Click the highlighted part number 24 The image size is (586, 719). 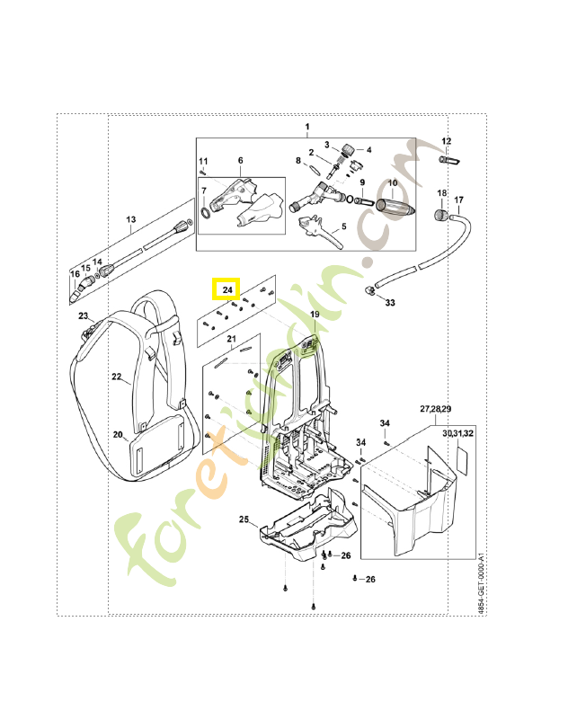pyautogui.click(x=227, y=289)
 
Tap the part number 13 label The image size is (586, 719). pyautogui.click(x=131, y=219)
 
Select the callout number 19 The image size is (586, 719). pyautogui.click(x=315, y=314)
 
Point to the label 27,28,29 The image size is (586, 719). pyautogui.click(x=435, y=409)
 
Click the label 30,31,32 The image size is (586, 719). pyautogui.click(x=458, y=433)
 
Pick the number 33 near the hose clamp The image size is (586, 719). pyautogui.click(x=390, y=303)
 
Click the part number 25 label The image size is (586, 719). pyautogui.click(x=244, y=519)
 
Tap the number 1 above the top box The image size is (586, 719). pyautogui.click(x=307, y=127)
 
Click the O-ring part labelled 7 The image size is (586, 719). pyautogui.click(x=206, y=213)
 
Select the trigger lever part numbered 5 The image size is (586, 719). pyautogui.click(x=320, y=233)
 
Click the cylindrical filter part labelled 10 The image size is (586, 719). pyautogui.click(x=395, y=206)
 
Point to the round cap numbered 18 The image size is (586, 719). pyautogui.click(x=441, y=215)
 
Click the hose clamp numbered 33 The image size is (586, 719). pyautogui.click(x=370, y=290)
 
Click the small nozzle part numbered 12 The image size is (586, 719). pyautogui.click(x=449, y=160)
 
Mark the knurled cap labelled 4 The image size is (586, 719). pyautogui.click(x=349, y=149)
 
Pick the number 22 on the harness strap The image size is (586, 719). pyautogui.click(x=117, y=377)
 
